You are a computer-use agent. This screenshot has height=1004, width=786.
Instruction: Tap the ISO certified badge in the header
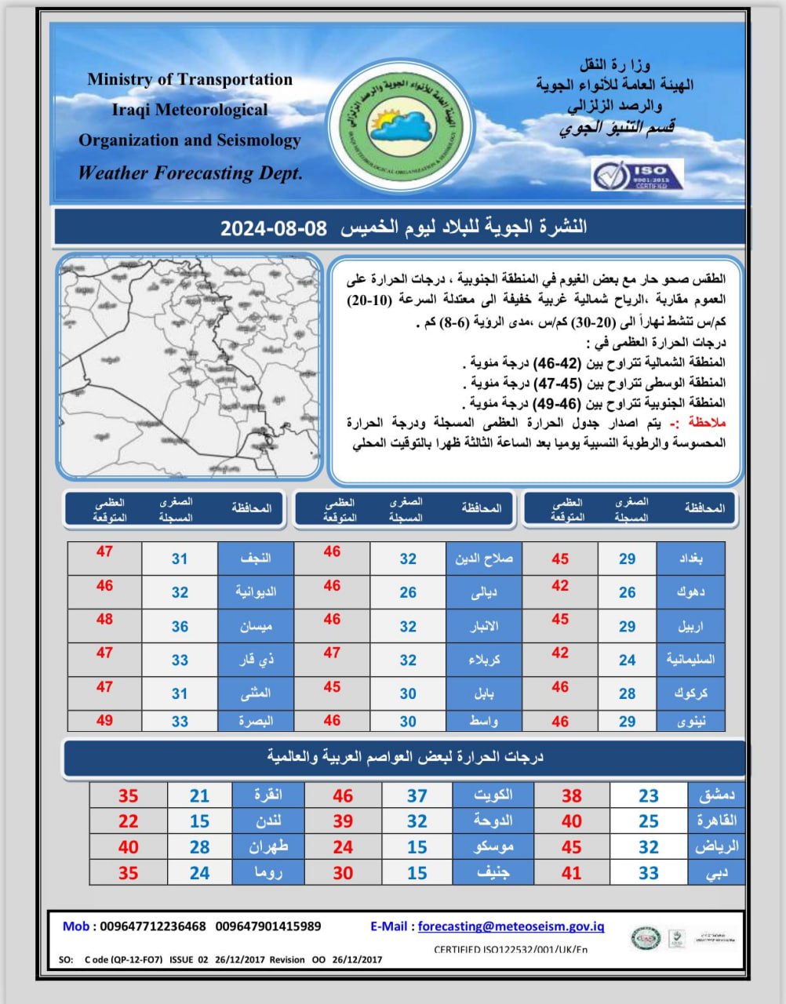[x=637, y=174]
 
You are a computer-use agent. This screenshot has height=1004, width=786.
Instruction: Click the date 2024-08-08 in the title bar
[x=272, y=228]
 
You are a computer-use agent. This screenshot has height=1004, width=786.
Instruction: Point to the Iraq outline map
[x=189, y=366]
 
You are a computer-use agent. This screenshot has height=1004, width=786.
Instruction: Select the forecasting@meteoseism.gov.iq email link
[x=511, y=926]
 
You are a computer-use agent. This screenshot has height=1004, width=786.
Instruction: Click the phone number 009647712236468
[x=153, y=926]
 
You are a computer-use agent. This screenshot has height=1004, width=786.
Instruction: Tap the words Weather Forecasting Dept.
[x=190, y=173]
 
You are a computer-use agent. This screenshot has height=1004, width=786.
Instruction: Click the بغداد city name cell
[x=690, y=558]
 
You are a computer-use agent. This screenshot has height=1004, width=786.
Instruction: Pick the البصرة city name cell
[x=256, y=721]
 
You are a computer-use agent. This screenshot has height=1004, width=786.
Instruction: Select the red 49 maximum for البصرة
[x=104, y=720]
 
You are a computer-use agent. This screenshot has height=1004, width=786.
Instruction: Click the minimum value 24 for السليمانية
[x=627, y=660]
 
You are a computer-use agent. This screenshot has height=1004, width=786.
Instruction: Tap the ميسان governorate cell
[x=256, y=627]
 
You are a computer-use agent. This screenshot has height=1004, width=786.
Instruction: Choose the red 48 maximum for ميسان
[x=104, y=619]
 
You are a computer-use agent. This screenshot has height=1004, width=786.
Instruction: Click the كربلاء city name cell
[x=483, y=660]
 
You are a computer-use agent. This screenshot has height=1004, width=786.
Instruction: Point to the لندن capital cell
[x=267, y=821]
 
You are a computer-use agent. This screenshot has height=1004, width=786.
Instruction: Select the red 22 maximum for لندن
[x=128, y=821]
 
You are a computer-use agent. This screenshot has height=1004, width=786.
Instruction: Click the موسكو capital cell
[x=494, y=847]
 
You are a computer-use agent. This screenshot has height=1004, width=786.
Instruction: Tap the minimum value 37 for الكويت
[x=417, y=795]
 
